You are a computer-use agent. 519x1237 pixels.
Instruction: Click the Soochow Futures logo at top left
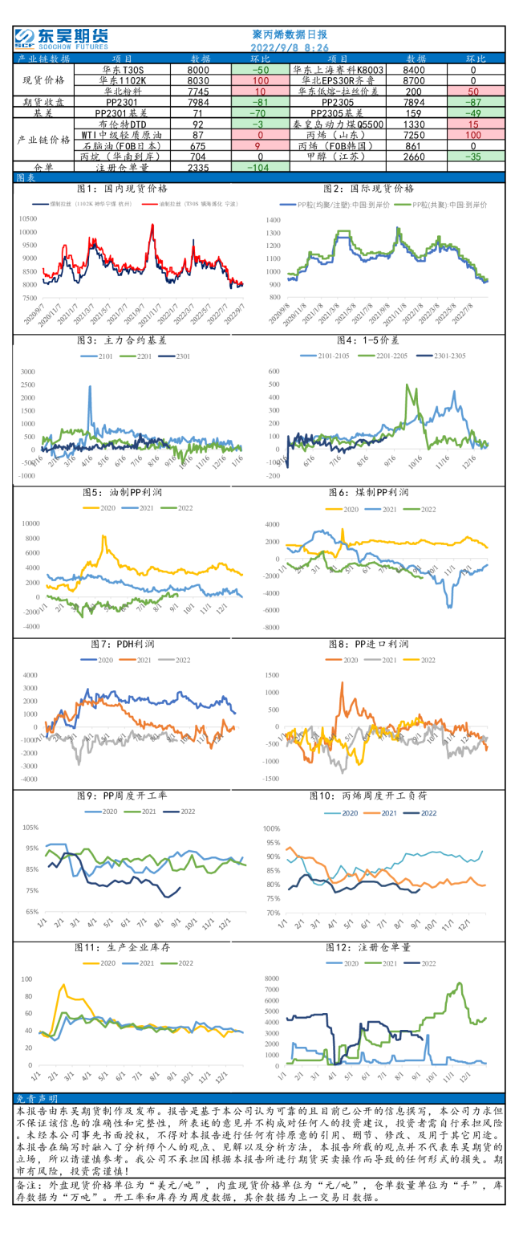61,37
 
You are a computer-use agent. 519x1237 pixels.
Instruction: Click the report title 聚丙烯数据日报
290,35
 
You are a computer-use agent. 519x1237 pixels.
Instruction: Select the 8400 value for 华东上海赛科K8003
416,70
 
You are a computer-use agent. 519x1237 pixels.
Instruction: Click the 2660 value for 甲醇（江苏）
416,157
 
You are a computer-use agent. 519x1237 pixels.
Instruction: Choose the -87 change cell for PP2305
472,102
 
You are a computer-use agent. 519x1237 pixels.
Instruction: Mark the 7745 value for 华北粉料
198,92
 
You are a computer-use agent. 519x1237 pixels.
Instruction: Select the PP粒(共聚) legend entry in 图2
444,205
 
